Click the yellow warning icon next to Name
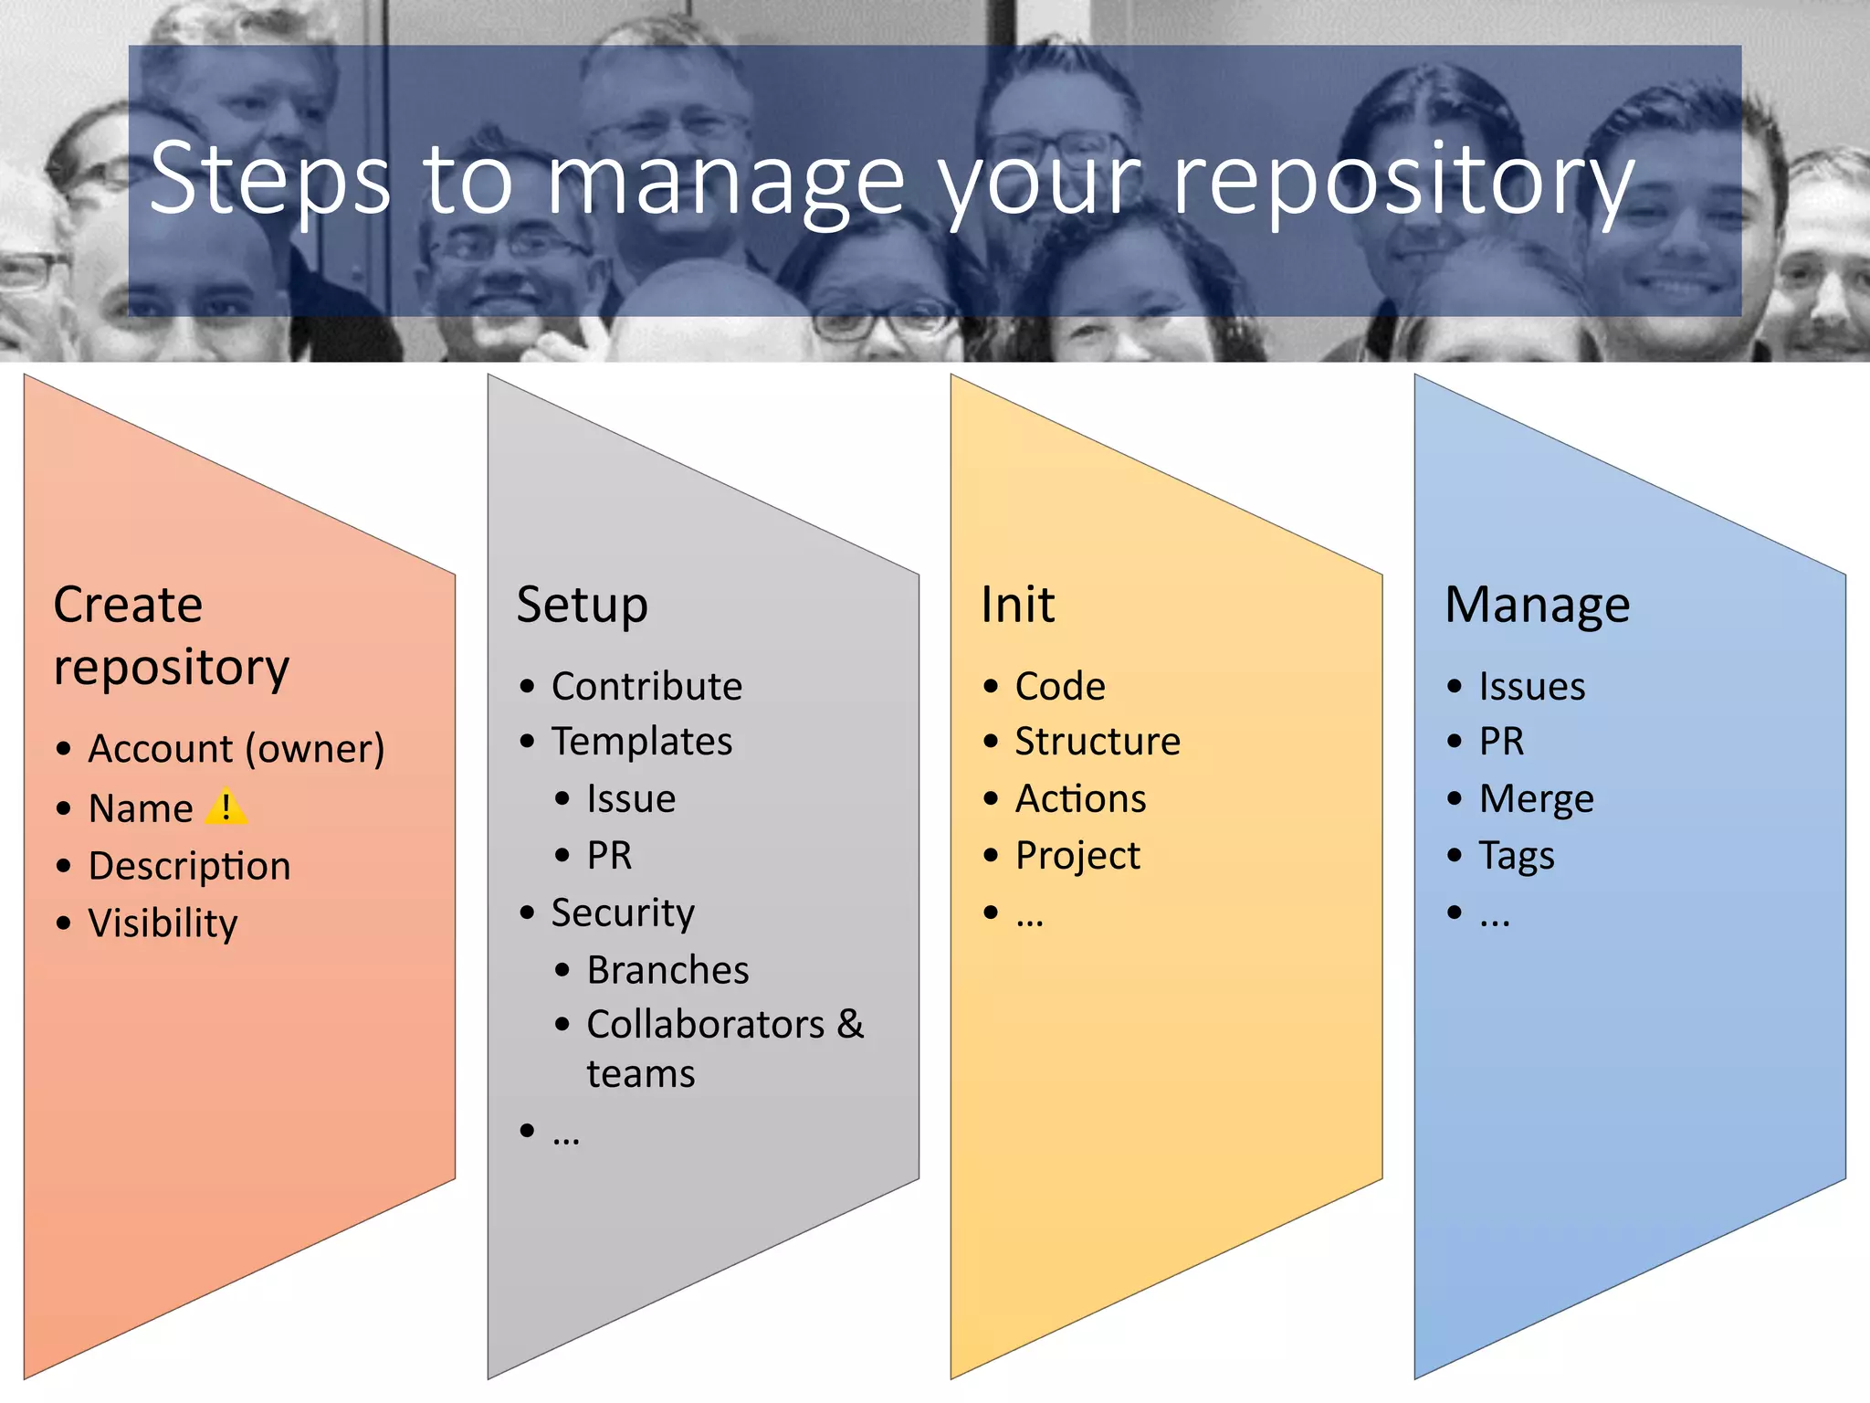click(226, 807)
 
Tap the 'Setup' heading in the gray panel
click(582, 606)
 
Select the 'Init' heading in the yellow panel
click(1017, 606)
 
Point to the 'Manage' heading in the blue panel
click(1537, 606)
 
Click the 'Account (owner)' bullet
click(236, 749)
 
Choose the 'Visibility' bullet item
click(163, 923)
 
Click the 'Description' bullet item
click(189, 866)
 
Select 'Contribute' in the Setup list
click(646, 686)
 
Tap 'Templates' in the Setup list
click(641, 741)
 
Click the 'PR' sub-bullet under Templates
click(609, 856)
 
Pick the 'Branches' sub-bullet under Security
click(667, 970)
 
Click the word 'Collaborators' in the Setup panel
click(705, 1025)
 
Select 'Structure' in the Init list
click(1098, 741)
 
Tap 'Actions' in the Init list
click(1080, 799)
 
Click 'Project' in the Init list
click(1077, 856)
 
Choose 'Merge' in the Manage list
click(1536, 799)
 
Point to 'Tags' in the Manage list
click(1516, 856)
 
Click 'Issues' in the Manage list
click(1531, 686)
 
